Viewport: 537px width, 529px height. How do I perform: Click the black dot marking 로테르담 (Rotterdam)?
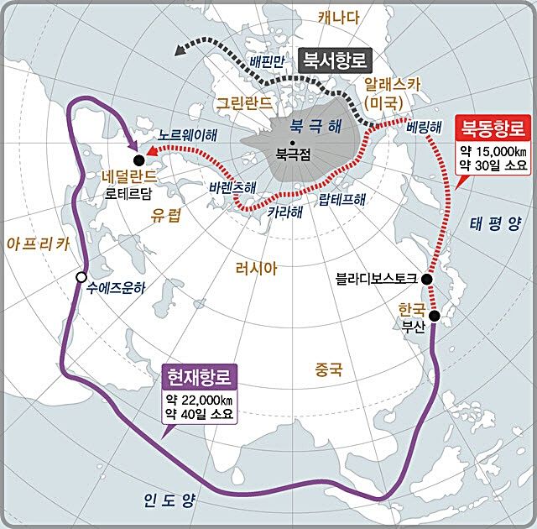pos(138,160)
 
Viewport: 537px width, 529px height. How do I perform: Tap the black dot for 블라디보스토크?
pos(427,279)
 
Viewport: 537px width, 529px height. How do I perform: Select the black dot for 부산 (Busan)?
pos(435,316)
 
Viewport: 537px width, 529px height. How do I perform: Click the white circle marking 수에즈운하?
pos(81,277)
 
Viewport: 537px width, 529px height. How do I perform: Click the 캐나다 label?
pos(338,15)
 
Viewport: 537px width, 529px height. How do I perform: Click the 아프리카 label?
pos(36,244)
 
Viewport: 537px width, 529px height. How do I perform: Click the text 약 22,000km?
pos(200,397)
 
